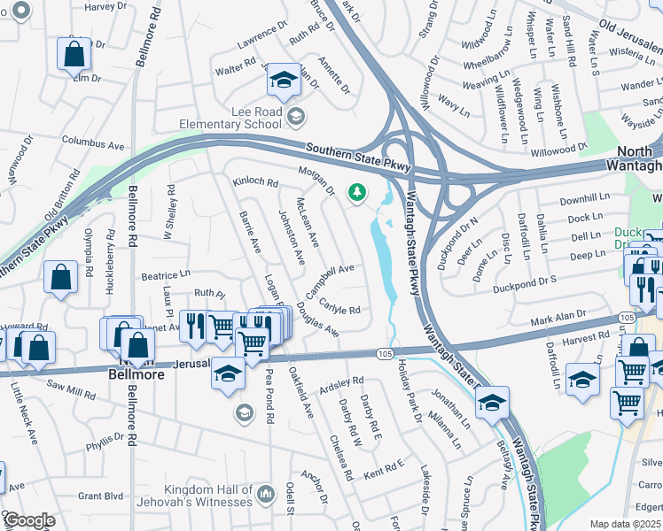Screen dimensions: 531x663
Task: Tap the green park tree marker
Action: (x=357, y=191)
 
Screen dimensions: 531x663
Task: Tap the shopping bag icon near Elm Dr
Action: (x=74, y=55)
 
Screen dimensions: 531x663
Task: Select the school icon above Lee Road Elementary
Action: (x=283, y=82)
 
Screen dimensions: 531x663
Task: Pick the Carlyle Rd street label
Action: (x=340, y=307)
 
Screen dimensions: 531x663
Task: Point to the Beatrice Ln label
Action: (x=166, y=276)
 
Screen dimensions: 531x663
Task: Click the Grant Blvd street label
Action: (x=100, y=496)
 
